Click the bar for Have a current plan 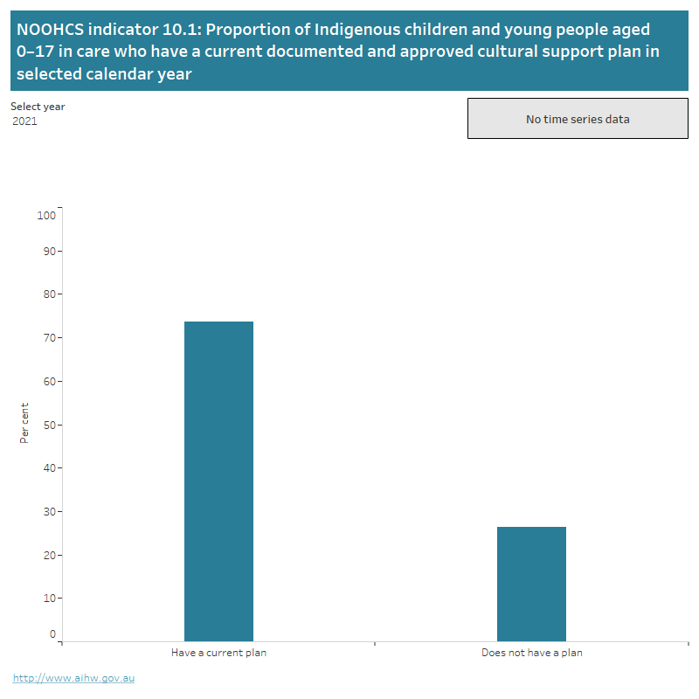[218, 481]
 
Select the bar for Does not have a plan [531, 584]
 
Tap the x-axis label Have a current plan [218, 653]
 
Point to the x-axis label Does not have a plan [531, 653]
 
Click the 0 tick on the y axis [52, 634]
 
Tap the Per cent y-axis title [24, 423]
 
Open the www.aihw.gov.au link [73, 678]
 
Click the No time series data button [578, 119]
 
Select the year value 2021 [25, 121]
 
